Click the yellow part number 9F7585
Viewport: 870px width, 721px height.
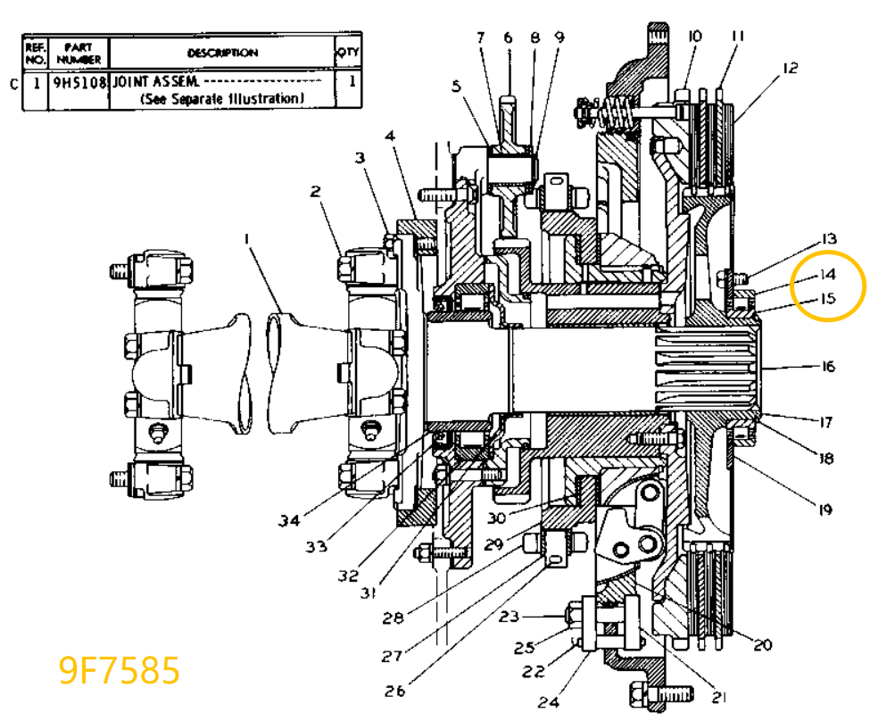coord(120,669)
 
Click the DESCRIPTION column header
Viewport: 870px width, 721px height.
coord(222,53)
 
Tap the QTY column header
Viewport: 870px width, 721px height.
coord(348,53)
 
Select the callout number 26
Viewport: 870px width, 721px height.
coord(395,690)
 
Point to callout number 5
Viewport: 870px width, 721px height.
coord(457,87)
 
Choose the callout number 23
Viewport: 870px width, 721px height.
coord(509,616)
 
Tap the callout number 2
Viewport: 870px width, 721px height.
coord(315,191)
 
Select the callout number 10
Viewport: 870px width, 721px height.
coord(694,37)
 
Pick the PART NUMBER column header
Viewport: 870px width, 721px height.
coord(79,53)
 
